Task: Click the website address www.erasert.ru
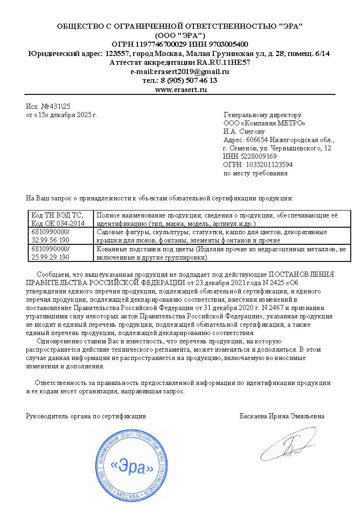click(180, 89)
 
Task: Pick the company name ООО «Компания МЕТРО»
click(264, 123)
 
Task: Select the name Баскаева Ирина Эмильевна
click(282, 416)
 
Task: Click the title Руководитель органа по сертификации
click(86, 416)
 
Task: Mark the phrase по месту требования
click(255, 174)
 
